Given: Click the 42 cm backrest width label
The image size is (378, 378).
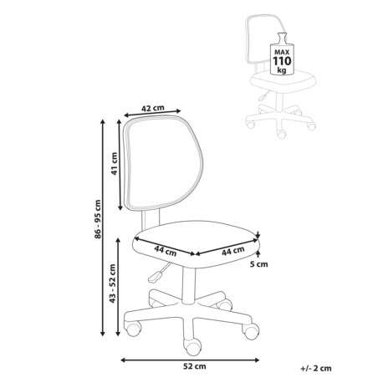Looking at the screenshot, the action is [x=153, y=108].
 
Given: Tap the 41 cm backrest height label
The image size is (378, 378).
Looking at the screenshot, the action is [x=115, y=163].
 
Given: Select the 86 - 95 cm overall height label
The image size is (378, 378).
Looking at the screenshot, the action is [x=98, y=219].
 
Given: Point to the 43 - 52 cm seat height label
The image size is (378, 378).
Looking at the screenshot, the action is [x=113, y=283].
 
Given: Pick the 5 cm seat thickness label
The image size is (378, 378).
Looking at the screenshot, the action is [x=258, y=264].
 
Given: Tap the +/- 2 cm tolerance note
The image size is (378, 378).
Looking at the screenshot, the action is [x=316, y=368].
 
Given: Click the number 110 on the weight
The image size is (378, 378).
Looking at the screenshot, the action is [x=282, y=61].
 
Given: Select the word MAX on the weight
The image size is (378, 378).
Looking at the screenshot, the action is [x=282, y=52].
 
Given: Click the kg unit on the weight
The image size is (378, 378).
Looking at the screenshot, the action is [x=282, y=70].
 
